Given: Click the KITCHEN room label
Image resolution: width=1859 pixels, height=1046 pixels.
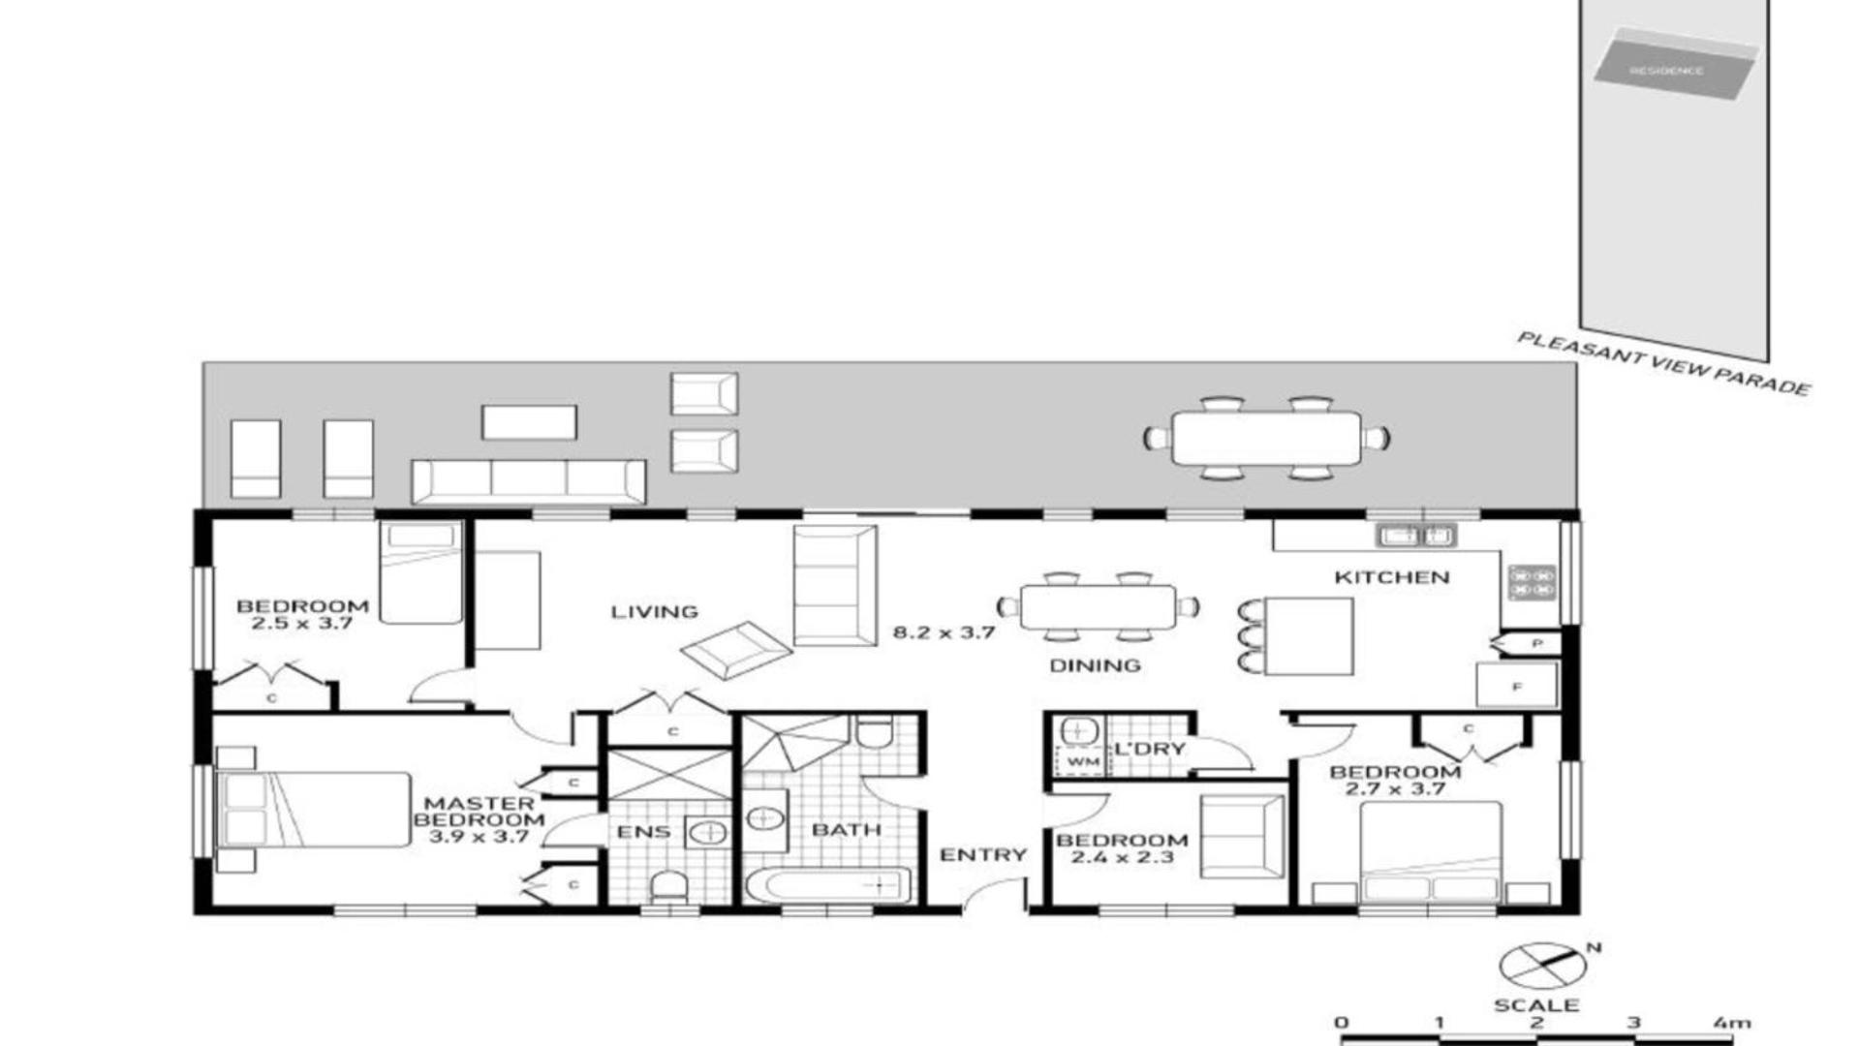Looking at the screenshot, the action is pos(1392,577).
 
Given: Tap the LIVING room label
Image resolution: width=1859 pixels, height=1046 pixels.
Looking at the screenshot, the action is pos(655,611).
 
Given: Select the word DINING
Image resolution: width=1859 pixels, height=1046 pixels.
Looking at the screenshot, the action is pos(1095,665).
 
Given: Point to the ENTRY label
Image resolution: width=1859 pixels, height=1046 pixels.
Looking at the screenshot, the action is pos(983,854).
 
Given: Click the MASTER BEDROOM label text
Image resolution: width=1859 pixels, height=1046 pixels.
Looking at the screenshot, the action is pos(479,819).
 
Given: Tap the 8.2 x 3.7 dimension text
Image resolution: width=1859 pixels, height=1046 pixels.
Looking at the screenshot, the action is pos(944,632).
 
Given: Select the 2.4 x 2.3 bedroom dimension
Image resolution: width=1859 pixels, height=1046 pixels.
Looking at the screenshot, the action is pos(1122,857).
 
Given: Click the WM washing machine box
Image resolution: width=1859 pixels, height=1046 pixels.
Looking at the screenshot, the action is pos(1082,761).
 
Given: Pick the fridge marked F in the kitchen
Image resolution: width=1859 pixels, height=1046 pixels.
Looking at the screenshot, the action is pos(1517,686).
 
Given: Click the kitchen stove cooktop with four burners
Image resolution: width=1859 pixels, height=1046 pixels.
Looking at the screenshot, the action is pos(1532,582).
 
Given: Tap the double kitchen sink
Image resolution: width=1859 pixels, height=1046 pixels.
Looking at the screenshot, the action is pos(1415,535).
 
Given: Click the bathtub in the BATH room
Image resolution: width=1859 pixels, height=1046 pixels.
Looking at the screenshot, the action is pos(828,885).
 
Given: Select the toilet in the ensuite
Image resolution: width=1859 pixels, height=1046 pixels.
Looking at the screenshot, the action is pos(668,886).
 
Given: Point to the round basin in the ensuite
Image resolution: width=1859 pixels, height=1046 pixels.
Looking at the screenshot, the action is pos(710,832).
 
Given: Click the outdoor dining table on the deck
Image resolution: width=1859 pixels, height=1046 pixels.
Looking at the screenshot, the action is pos(1266,439).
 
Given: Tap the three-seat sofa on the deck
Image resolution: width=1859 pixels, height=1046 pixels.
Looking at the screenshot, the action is pos(529,481).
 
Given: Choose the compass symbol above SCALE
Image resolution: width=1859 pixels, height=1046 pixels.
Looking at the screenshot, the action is pos(1542,966).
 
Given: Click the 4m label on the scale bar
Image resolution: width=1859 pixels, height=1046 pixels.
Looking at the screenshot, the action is pos(1732,1023).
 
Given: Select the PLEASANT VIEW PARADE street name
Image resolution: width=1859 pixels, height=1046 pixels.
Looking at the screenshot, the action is pos(1663,364).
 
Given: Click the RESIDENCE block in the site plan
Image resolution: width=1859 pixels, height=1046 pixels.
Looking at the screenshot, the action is pos(1676,66).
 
